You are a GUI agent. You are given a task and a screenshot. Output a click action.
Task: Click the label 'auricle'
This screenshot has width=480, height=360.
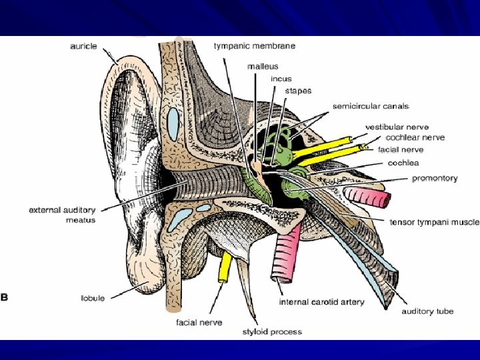click(x=83, y=46)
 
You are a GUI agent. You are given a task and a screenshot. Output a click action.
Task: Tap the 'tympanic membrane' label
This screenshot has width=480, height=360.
click(x=255, y=46)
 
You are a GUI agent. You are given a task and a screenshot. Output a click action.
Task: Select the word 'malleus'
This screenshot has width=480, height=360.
click(x=263, y=67)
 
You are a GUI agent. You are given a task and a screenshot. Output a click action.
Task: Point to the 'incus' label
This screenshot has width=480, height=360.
click(x=281, y=79)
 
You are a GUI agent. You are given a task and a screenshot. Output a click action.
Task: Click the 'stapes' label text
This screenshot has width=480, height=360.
click(x=298, y=91)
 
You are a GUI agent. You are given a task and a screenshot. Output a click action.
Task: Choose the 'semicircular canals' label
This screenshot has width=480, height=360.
click(x=371, y=106)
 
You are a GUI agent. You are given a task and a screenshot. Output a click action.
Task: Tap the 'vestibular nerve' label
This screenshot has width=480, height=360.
click(x=397, y=127)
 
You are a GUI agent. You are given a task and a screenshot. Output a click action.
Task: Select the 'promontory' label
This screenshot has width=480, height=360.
click(x=435, y=179)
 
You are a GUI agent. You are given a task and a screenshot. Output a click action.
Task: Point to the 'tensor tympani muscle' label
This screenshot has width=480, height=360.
click(x=434, y=223)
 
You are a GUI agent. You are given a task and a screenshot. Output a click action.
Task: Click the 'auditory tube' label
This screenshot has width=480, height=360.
click(x=427, y=311)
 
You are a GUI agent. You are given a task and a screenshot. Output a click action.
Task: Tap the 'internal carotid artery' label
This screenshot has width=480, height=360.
click(x=321, y=302)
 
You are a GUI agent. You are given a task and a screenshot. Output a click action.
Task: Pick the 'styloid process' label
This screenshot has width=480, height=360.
click(x=272, y=331)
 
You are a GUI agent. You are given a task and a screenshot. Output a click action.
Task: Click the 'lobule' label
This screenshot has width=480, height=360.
click(x=92, y=298)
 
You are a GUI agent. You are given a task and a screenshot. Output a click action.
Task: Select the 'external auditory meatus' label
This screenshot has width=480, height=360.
click(x=62, y=215)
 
